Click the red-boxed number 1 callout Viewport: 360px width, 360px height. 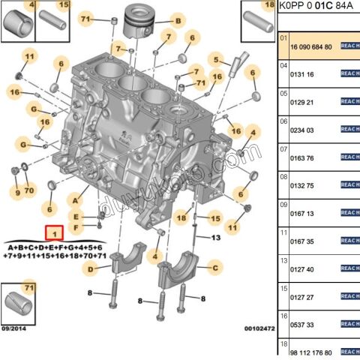point(55,233)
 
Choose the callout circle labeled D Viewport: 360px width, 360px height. point(90,268)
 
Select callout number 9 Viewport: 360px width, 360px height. point(15,193)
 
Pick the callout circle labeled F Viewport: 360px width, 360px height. point(76,227)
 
